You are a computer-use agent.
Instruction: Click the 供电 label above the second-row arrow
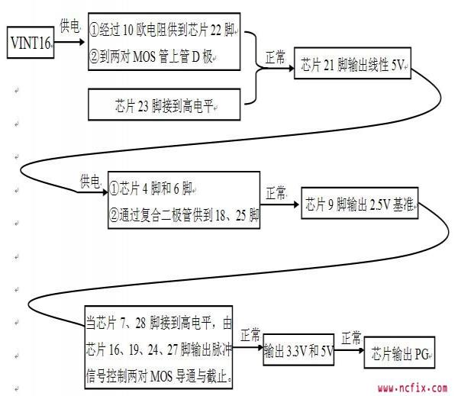(x=90, y=182)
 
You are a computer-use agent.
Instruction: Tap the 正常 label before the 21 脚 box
(x=276, y=57)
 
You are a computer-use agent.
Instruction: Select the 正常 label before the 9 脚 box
(x=276, y=191)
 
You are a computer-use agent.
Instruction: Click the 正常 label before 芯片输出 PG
(x=351, y=337)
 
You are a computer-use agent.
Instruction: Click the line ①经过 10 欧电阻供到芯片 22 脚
(x=166, y=32)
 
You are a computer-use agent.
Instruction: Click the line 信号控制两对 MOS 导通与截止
(x=160, y=375)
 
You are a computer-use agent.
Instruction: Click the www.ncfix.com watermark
(x=412, y=388)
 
